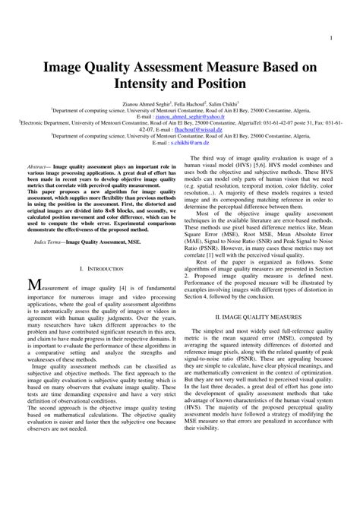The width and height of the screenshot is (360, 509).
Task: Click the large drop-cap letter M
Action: [35, 286]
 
